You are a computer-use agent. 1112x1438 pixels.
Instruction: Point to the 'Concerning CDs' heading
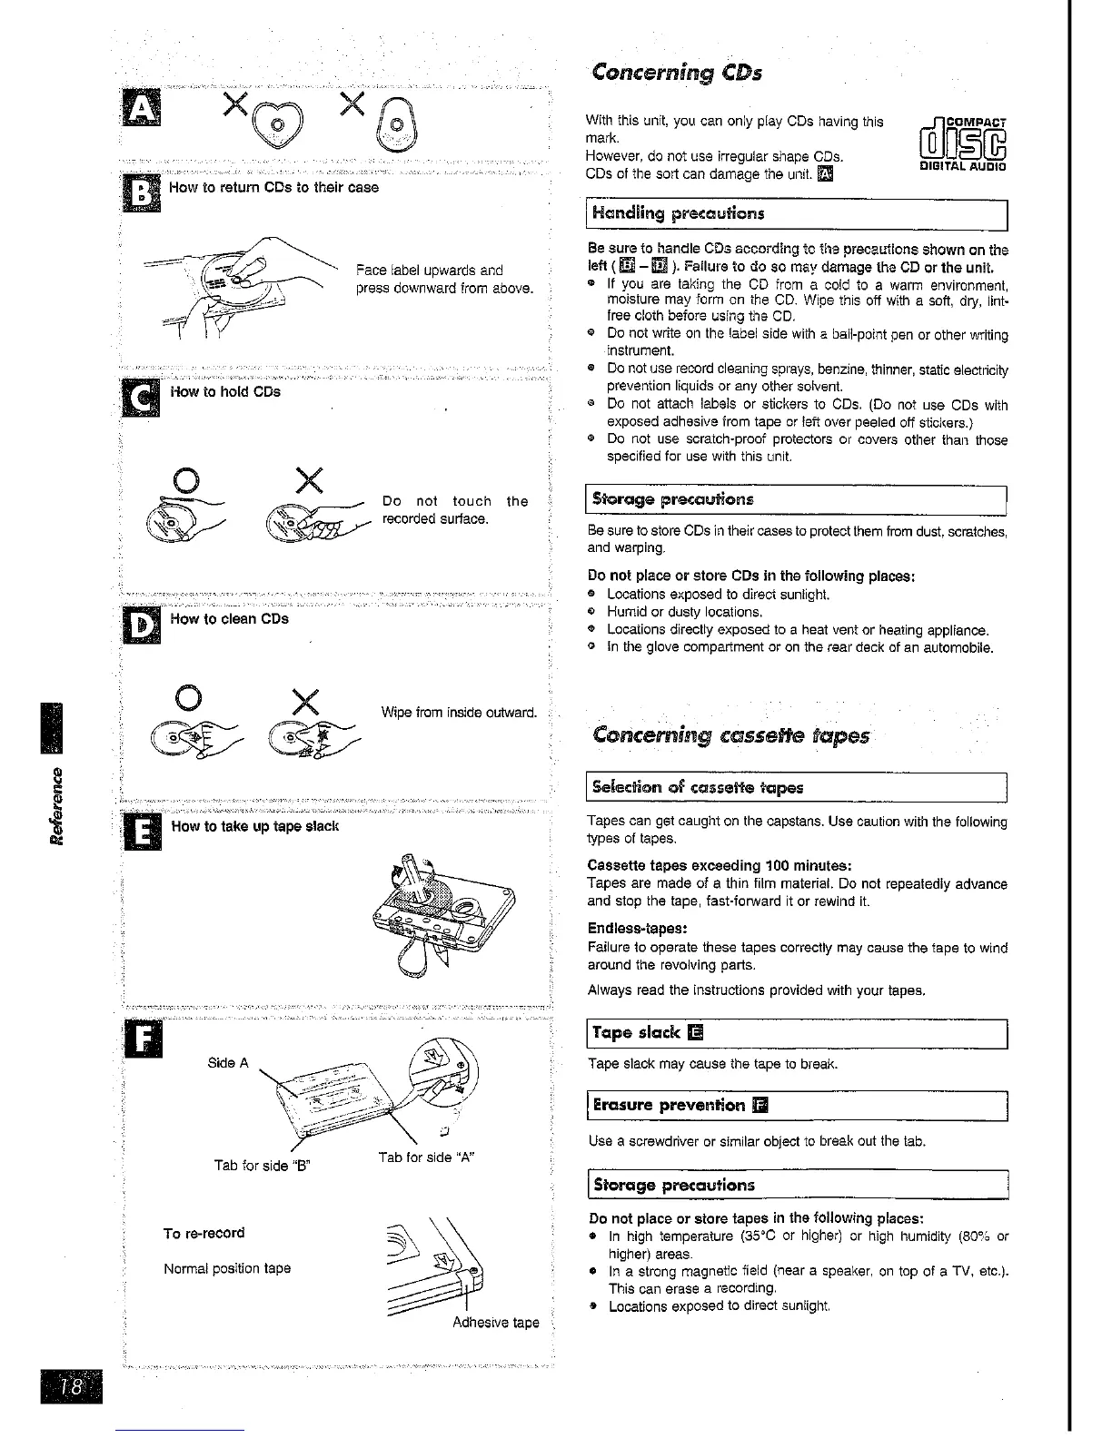click(x=676, y=72)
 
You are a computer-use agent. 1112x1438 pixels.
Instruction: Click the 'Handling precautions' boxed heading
click(x=678, y=214)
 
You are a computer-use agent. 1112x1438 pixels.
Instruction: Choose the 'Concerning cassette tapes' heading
click(x=730, y=734)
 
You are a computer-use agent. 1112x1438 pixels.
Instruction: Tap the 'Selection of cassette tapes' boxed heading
click(x=697, y=787)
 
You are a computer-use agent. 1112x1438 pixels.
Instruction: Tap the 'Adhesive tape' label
click(x=495, y=1323)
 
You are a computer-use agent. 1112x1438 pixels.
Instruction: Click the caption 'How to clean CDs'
click(x=229, y=619)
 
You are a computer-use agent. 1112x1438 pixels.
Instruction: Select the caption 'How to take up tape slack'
click(x=254, y=826)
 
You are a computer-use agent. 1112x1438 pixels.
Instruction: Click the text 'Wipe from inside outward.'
click(x=460, y=712)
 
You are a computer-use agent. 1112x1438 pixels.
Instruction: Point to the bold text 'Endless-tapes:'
click(x=637, y=929)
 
